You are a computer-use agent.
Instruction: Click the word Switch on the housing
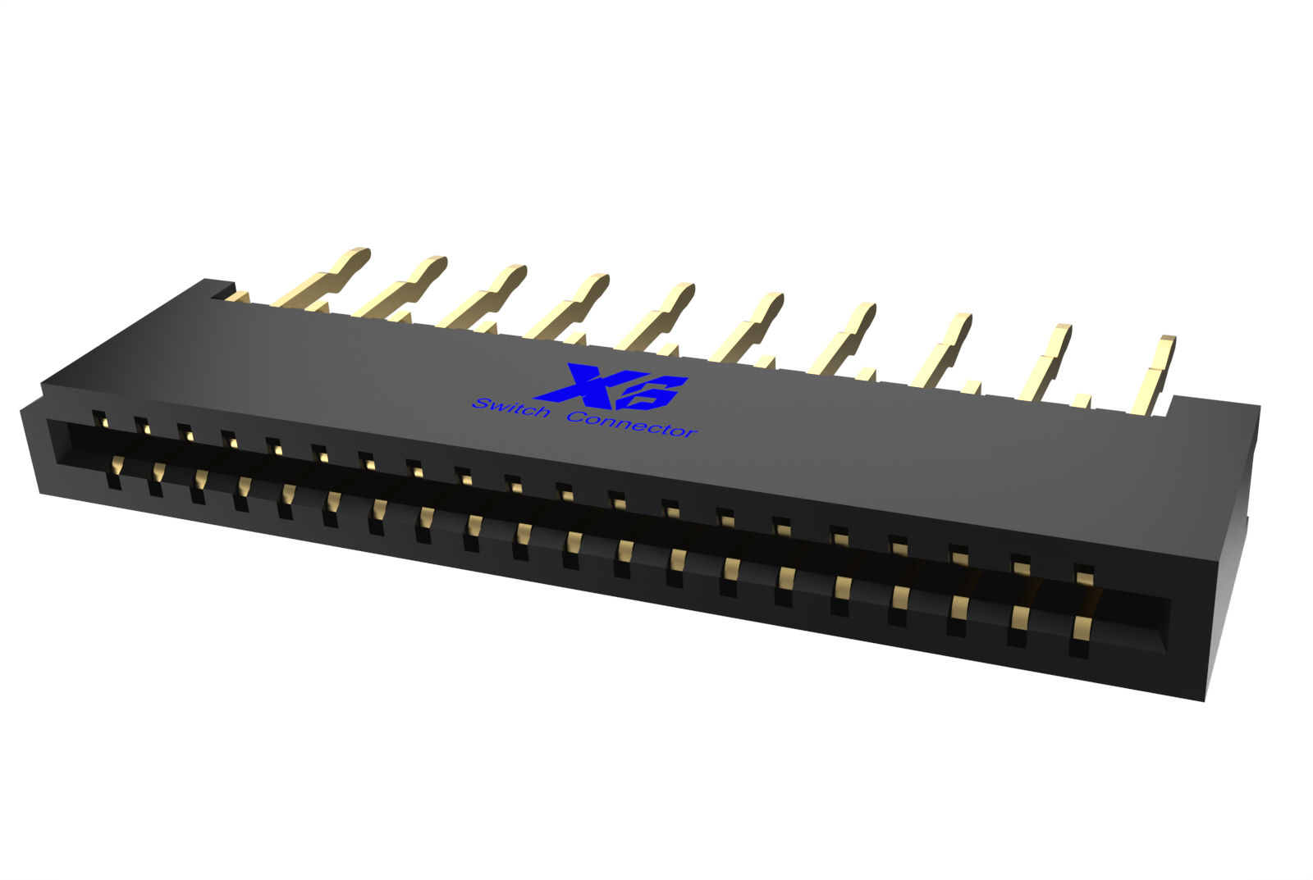[510, 407]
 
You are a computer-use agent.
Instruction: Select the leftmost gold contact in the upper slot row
[99, 420]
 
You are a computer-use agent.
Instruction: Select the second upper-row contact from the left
[142, 426]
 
